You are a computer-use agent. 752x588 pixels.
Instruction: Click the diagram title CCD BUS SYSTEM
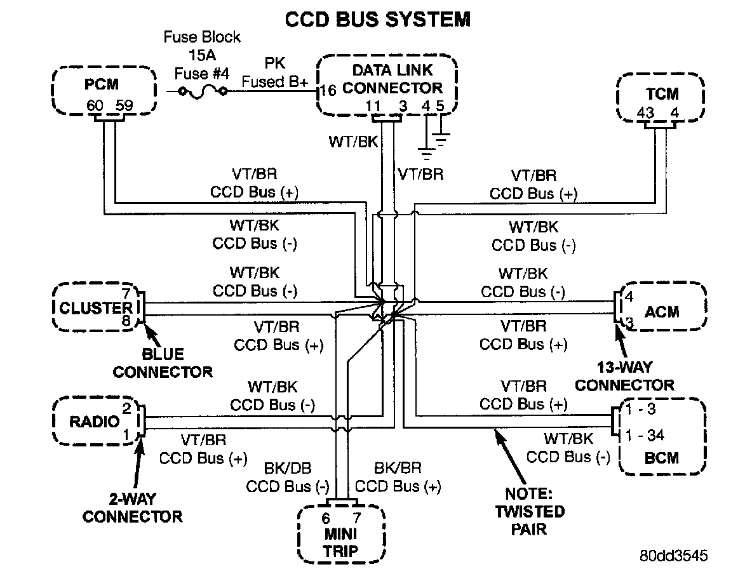point(377,19)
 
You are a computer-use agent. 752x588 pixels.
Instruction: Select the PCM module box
point(104,91)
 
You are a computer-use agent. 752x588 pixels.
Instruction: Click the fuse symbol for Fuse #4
point(203,91)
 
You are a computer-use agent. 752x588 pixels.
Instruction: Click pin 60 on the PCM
point(95,105)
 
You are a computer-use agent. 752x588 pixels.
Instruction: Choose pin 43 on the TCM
point(647,114)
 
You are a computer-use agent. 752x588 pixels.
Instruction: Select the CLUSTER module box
point(95,308)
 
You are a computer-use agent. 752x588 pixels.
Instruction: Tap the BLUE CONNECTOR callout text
point(163,363)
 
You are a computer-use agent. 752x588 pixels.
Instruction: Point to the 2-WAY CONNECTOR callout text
point(132,507)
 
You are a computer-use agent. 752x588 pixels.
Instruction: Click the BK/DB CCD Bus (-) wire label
point(288,478)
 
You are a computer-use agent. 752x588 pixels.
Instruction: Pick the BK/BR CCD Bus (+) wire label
point(398,478)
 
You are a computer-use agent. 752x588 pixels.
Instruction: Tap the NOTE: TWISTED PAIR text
point(528,511)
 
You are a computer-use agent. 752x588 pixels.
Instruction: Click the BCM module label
point(661,457)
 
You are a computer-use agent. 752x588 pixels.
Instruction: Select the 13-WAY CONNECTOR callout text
point(624,376)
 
